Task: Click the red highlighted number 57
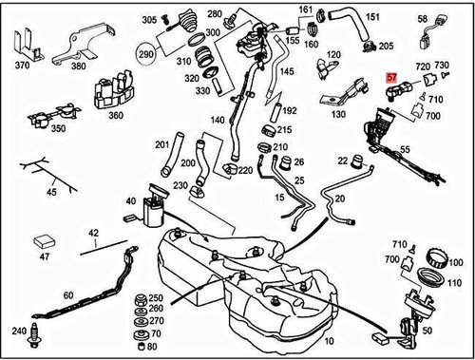[x=392, y=83]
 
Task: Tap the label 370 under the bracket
[x=22, y=67]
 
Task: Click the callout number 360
[x=117, y=115]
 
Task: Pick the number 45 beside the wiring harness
[x=26, y=194]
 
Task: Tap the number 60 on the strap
[x=68, y=295]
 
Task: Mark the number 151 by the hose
[x=373, y=17]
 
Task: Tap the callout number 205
[x=386, y=46]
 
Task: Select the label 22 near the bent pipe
[x=342, y=161]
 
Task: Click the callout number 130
[x=337, y=114]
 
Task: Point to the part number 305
[x=149, y=20]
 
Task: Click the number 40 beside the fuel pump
[x=130, y=201]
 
